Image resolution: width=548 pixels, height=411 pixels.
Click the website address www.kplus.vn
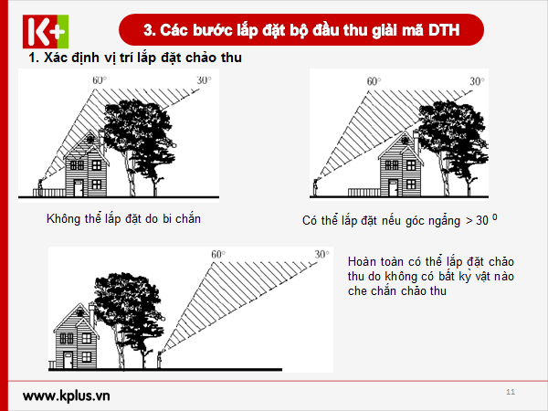[66, 396]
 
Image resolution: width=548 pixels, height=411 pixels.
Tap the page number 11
[510, 392]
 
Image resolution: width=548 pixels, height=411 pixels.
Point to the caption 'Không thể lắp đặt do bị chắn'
[123, 219]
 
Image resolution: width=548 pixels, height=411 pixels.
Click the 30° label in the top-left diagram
[203, 80]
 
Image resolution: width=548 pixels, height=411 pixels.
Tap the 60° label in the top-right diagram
[374, 81]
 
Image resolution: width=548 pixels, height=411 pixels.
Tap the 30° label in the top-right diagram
[477, 81]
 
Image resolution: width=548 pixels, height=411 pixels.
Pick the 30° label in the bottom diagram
[321, 254]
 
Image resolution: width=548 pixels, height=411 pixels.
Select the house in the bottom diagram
[77, 338]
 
